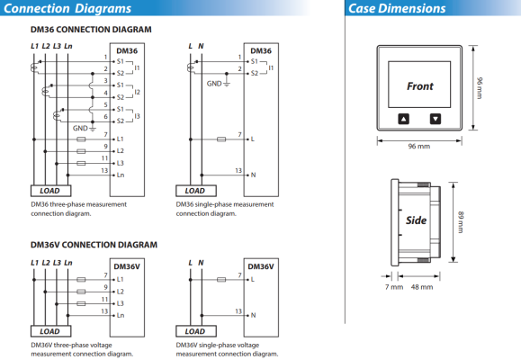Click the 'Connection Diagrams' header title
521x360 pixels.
(x=67, y=8)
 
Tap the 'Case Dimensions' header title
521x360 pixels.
(x=397, y=8)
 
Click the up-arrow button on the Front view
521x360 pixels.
(x=403, y=119)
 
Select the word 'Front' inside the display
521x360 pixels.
(x=420, y=86)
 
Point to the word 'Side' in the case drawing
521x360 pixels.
(x=416, y=220)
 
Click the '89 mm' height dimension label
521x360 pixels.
(x=461, y=222)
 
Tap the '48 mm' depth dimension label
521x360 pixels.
(x=422, y=287)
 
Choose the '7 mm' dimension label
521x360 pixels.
(x=394, y=287)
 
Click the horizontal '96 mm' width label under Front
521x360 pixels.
(x=419, y=147)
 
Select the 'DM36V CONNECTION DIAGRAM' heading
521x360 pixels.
(x=94, y=245)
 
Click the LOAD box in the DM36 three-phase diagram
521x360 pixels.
(x=50, y=191)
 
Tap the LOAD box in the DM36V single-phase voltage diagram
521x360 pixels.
(x=195, y=331)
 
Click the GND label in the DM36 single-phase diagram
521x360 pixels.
(x=214, y=84)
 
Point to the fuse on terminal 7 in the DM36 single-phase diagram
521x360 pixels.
(x=221, y=139)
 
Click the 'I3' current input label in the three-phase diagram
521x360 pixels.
(x=137, y=116)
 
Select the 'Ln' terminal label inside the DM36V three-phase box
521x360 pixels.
(x=121, y=315)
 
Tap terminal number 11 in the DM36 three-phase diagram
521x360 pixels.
(x=104, y=158)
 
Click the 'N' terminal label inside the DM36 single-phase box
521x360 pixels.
(x=253, y=175)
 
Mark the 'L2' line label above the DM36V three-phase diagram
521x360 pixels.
(x=46, y=263)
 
